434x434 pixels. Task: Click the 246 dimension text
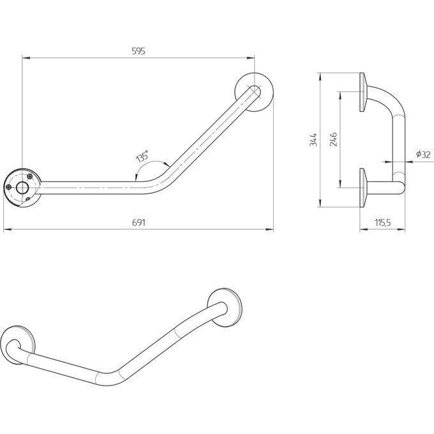(x=334, y=140)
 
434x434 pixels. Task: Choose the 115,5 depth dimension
(x=382, y=223)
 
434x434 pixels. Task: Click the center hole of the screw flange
(x=22, y=187)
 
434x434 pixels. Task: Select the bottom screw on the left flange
(x=29, y=198)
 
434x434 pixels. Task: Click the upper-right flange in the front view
(x=255, y=91)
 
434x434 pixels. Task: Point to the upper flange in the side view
(x=363, y=93)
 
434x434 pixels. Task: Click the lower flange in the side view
(x=363, y=188)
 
